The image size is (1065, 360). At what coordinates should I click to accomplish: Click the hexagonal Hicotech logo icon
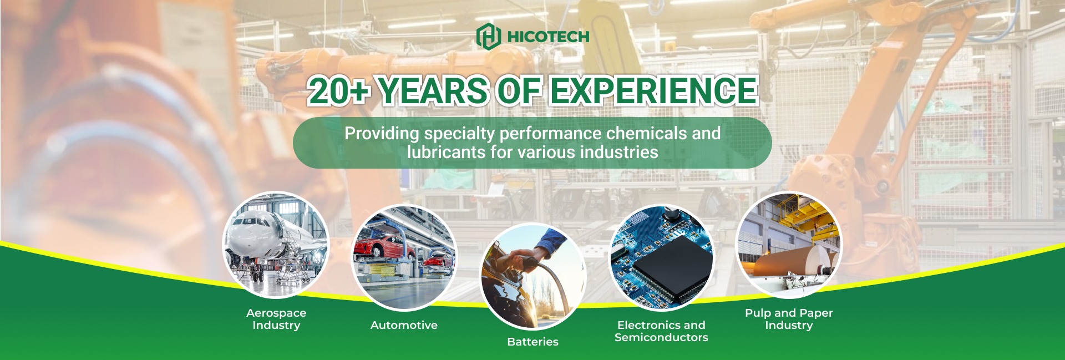click(x=489, y=36)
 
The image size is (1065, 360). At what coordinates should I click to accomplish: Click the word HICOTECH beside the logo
click(x=548, y=37)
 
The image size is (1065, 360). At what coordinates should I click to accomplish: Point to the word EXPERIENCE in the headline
click(x=653, y=91)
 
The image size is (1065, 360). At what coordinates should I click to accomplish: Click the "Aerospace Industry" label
click(x=276, y=319)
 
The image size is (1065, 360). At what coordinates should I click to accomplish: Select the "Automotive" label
click(x=404, y=325)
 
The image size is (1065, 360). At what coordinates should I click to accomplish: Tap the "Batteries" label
click(x=532, y=342)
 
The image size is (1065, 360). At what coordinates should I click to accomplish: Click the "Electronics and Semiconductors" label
click(x=661, y=331)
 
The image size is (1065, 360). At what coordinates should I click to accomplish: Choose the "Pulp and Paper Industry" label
click(x=789, y=319)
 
